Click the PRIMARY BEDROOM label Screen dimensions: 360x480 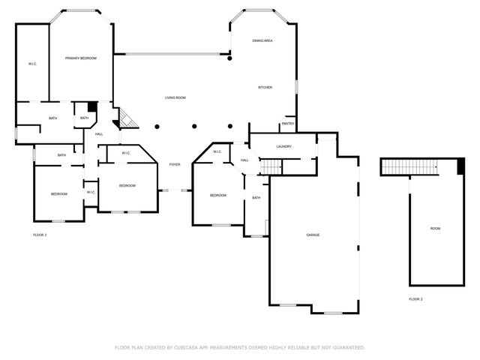[x=80, y=58]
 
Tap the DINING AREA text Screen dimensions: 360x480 [x=262, y=40]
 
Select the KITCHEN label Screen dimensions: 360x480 [x=265, y=88]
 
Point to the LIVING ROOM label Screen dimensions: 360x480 [x=175, y=97]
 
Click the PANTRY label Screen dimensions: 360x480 [x=287, y=124]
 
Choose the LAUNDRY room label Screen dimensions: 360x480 [x=283, y=146]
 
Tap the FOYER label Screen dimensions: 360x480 [x=174, y=164]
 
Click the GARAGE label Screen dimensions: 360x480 [x=313, y=235]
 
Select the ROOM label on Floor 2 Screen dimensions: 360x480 [x=435, y=228]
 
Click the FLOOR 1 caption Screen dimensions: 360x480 [x=40, y=235]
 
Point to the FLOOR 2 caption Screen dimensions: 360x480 [x=415, y=298]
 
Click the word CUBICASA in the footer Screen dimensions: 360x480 [x=190, y=347]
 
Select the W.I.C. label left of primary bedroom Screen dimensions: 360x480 [x=32, y=64]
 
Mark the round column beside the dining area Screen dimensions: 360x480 [x=230, y=58]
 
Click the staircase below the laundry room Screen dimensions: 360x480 [x=269, y=166]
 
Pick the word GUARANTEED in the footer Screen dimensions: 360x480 [x=345, y=347]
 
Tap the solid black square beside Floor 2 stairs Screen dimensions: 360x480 [x=459, y=166]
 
